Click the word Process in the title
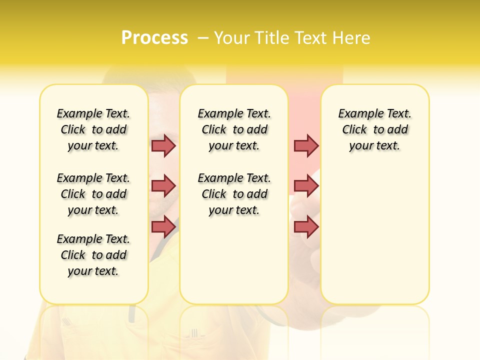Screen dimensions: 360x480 click(154, 38)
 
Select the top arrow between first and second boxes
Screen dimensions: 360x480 click(163, 145)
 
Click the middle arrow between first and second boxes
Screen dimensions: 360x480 click(163, 186)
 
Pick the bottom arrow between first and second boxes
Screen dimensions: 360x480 click(163, 226)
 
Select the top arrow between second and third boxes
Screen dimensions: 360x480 click(306, 145)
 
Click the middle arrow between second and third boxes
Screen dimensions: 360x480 click(306, 186)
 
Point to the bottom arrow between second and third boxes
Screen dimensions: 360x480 click(306, 226)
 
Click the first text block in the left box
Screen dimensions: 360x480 click(93, 129)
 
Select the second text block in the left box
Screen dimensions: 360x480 click(93, 194)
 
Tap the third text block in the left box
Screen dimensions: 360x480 click(93, 255)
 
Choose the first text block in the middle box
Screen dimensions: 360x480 click(234, 129)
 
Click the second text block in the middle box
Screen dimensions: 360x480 click(234, 194)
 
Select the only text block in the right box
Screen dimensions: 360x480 click(374, 129)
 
